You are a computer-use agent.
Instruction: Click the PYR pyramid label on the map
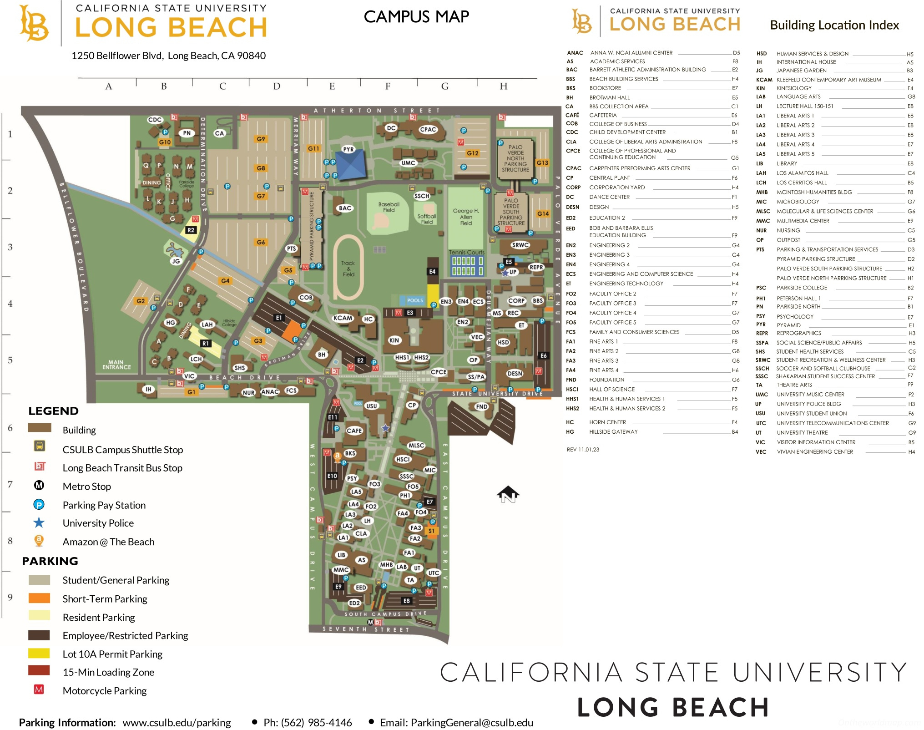click(x=348, y=149)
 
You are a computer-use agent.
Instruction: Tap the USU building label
click(x=371, y=406)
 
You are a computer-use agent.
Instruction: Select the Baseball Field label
click(x=389, y=207)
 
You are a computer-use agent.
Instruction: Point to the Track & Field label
click(x=348, y=269)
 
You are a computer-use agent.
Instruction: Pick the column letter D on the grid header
click(x=277, y=86)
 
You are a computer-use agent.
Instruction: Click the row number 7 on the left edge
click(x=10, y=484)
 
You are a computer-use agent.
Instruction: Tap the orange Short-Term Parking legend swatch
click(x=39, y=598)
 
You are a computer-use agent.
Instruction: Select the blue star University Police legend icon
click(x=39, y=523)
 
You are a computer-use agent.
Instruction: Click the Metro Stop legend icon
click(x=39, y=486)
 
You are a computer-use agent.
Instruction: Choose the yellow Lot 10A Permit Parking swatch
click(x=39, y=654)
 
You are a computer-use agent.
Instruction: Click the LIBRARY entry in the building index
click(x=787, y=163)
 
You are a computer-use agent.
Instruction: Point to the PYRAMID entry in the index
click(x=788, y=325)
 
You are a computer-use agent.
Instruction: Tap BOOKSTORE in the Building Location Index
click(x=605, y=88)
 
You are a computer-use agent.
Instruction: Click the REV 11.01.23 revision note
click(x=583, y=450)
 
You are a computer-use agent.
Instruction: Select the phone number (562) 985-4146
click(x=308, y=722)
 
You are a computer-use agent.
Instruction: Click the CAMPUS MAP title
click(x=416, y=17)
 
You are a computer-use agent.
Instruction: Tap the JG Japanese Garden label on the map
click(x=176, y=261)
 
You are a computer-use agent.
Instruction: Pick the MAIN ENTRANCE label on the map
click(x=116, y=365)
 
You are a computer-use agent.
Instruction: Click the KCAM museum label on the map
click(x=343, y=318)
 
